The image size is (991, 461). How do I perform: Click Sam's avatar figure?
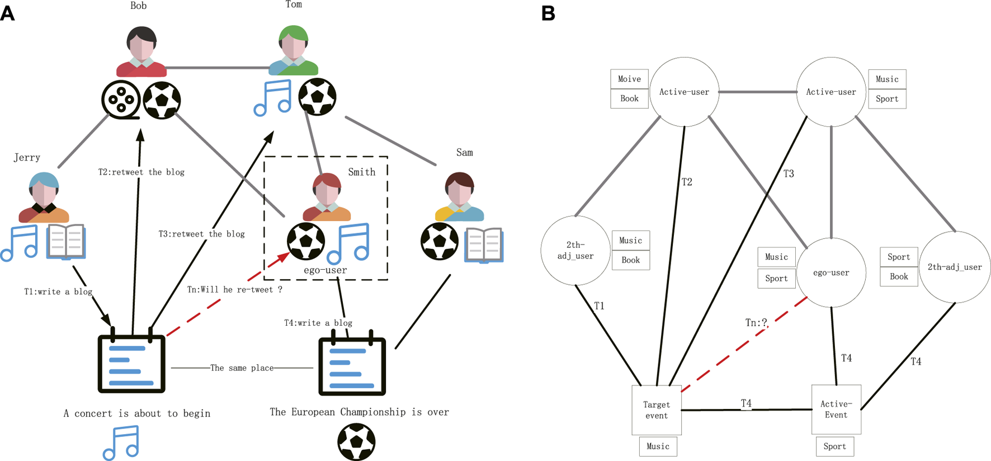coord(460,197)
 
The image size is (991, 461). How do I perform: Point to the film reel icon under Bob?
coord(121,100)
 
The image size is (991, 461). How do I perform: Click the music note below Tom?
coord(273,97)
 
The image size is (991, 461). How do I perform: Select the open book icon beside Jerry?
coord(66,242)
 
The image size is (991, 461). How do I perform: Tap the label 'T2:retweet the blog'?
coord(141,172)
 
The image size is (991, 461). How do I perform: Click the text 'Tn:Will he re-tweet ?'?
coord(234,290)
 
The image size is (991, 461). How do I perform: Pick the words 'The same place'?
coord(242,368)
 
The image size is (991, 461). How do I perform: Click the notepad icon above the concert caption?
coord(131,363)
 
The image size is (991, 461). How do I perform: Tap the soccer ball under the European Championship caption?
coord(356,442)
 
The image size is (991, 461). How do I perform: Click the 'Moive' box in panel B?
coord(629,79)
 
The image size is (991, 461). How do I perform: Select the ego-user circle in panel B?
coord(831,272)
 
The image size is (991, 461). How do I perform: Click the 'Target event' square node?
coord(657,410)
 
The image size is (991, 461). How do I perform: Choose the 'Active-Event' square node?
coord(836,409)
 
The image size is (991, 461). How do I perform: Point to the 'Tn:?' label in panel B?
coord(756,323)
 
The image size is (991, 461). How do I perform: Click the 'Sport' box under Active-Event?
coord(834,446)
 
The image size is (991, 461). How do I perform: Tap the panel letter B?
coord(549,13)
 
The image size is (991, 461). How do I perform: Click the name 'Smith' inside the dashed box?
coord(361,172)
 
